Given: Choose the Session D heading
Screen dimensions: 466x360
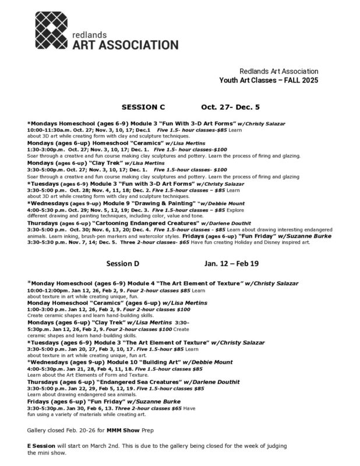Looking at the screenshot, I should coord(123,263).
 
